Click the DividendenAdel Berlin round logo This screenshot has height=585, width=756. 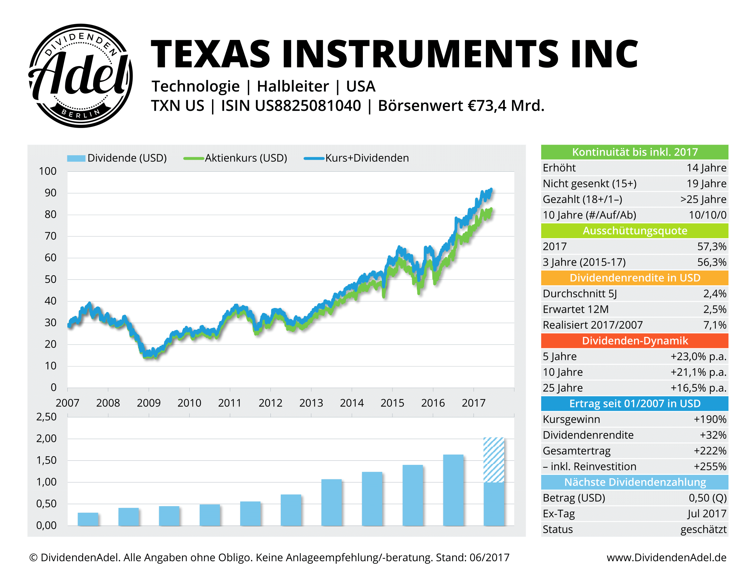pos(80,76)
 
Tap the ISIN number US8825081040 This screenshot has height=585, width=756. pos(308,106)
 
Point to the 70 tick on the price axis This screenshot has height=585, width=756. pos(51,236)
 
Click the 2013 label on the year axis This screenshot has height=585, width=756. pos(311,403)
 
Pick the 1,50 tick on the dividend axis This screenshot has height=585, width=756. pos(46,460)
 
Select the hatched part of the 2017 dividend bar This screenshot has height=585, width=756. pos(493,459)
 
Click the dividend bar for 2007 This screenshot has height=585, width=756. pos(88,519)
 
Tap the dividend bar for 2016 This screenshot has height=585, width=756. pos(453,490)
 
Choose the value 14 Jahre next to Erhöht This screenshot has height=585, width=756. pos(706,168)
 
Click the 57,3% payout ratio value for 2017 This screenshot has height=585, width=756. pos(711,246)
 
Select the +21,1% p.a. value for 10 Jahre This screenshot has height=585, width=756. pos(698,372)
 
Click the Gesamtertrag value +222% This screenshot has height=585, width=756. pos(710,451)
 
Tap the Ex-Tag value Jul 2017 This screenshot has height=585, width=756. pos(707,514)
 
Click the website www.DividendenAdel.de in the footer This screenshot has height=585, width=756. pos(666,557)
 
